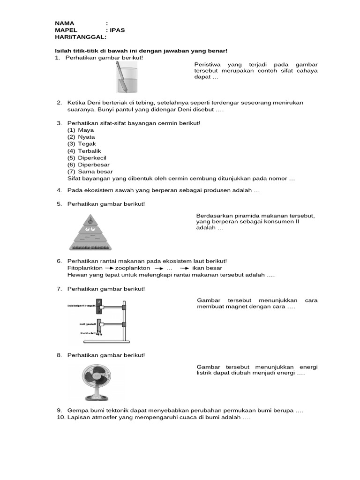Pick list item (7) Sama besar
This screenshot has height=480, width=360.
[90, 172]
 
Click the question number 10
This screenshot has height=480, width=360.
[60, 417]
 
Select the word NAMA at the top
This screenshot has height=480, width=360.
[65, 23]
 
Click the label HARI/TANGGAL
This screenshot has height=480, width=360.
[80, 37]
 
